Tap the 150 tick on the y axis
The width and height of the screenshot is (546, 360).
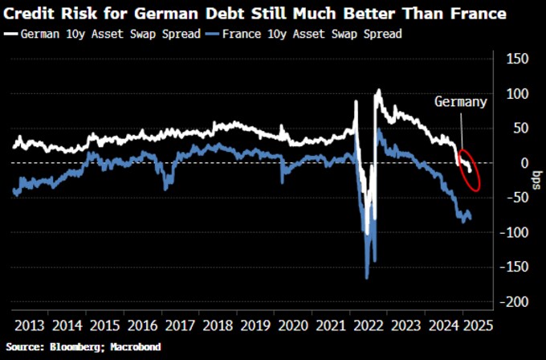click(516, 59)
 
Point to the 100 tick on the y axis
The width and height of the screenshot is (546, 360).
click(516, 94)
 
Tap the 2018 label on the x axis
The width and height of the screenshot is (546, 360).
click(217, 326)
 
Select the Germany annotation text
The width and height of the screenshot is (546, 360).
click(461, 103)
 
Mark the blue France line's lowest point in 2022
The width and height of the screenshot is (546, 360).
click(367, 278)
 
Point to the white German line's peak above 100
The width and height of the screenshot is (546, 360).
click(377, 91)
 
